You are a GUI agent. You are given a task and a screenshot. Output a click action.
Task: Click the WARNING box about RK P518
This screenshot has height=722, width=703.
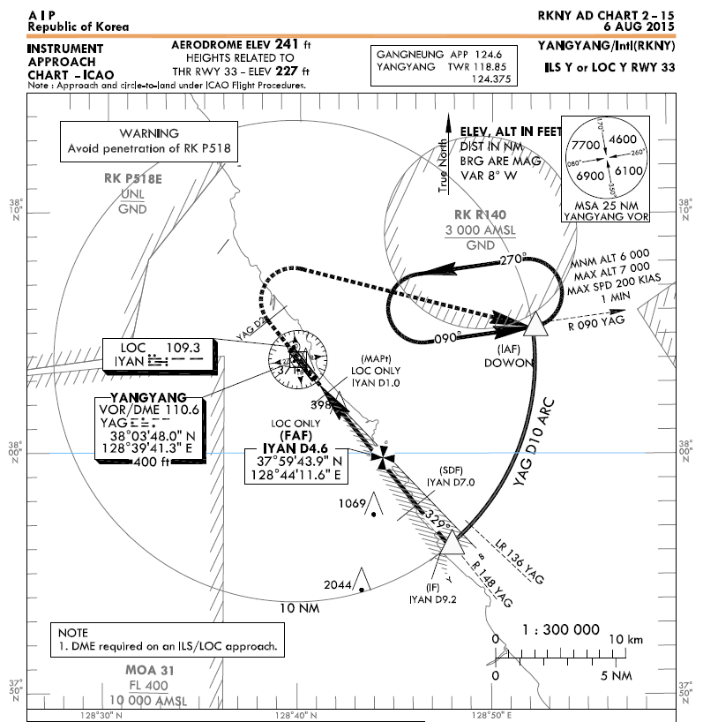pos(149,140)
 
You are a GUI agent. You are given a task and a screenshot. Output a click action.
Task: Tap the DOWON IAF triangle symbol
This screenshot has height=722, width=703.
pos(532,327)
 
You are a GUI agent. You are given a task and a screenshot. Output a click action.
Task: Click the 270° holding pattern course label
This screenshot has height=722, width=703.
pos(512,260)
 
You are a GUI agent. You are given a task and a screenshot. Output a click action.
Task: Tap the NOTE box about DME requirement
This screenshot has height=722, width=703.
pos(169,641)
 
